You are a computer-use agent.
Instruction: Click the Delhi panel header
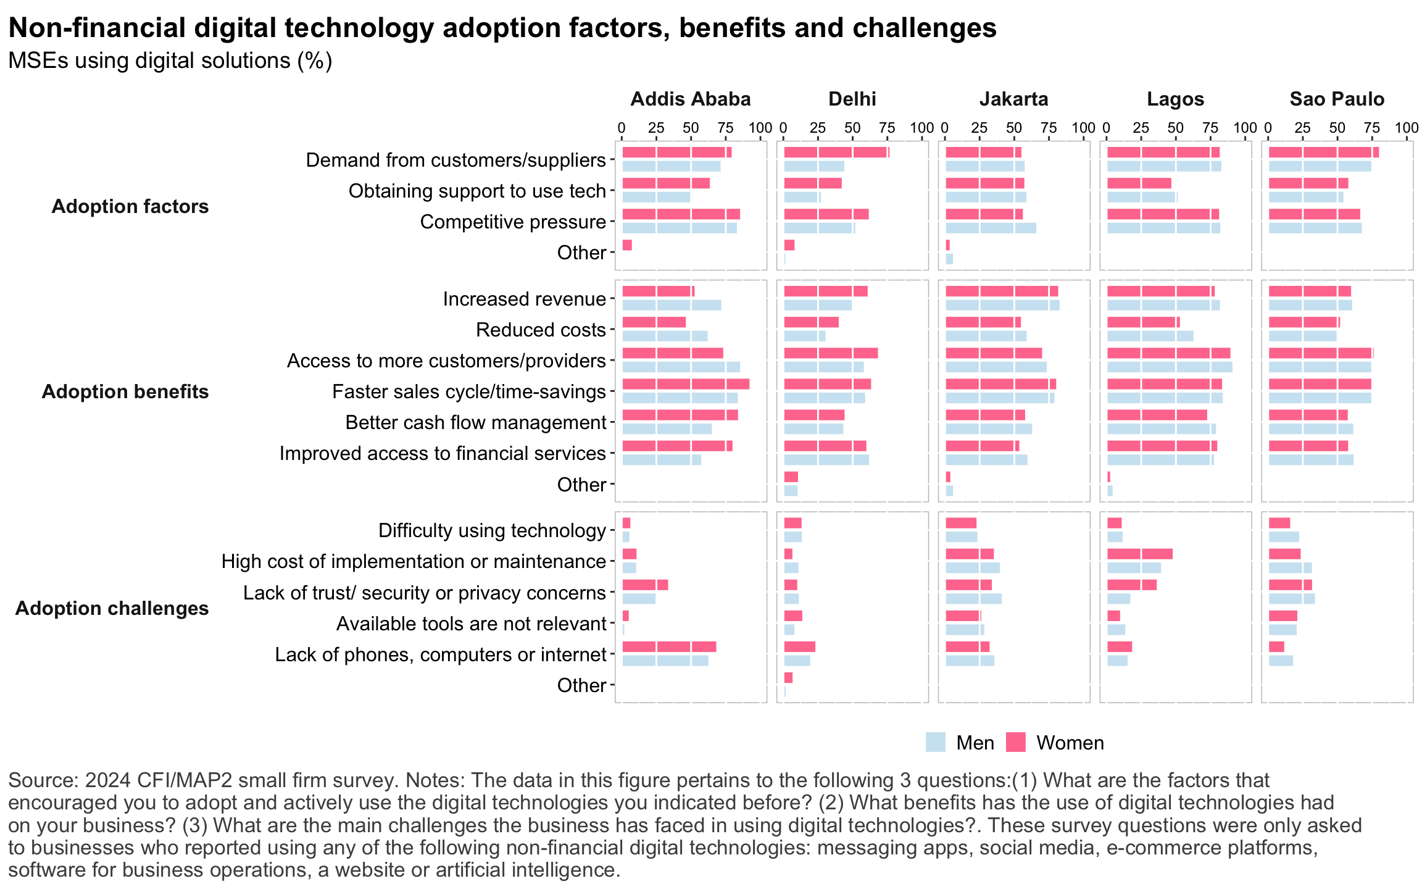point(852,99)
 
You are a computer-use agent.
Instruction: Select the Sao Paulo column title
point(1337,99)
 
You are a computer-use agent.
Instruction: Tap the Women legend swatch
point(1015,742)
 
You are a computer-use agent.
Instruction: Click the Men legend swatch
point(935,742)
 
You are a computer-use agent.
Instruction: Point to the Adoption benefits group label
point(125,392)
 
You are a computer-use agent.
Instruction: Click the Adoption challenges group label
point(112,609)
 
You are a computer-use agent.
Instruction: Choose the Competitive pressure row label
point(513,222)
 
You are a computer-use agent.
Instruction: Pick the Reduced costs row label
point(541,330)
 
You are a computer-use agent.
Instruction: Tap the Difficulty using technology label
point(492,531)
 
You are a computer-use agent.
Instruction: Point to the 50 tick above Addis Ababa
point(691,128)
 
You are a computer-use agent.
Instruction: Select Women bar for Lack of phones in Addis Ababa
point(669,647)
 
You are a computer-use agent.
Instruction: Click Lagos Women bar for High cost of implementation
point(1139,554)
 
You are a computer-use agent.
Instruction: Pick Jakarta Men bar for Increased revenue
point(1002,305)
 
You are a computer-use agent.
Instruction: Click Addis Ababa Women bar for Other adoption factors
point(627,245)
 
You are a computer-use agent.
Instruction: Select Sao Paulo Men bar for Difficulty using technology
point(1284,537)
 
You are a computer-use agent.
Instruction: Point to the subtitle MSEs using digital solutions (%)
point(170,61)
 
